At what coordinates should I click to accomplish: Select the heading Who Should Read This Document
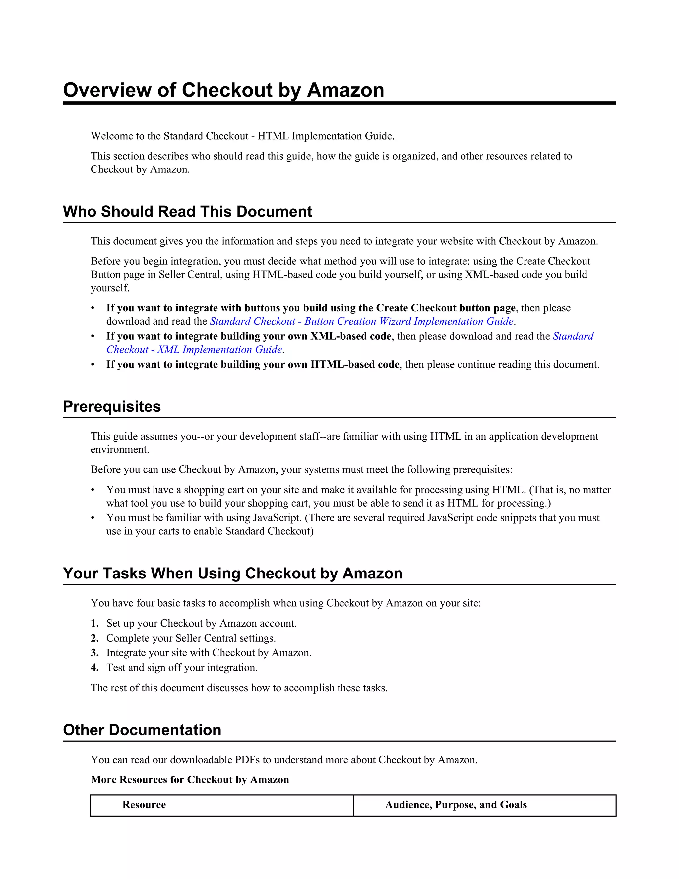tap(187, 211)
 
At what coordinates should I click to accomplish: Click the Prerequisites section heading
tap(112, 407)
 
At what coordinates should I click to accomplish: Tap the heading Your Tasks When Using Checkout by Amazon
tap(232, 573)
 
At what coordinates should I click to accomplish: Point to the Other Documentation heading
tap(142, 730)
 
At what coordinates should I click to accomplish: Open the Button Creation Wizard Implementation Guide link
tap(361, 321)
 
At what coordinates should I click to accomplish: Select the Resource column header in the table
tap(144, 805)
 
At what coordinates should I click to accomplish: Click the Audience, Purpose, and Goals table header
tap(456, 805)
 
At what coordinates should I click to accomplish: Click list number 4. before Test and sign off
tap(94, 667)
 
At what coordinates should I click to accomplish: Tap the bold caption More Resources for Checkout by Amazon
tap(190, 779)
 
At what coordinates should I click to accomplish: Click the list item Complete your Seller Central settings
tap(191, 638)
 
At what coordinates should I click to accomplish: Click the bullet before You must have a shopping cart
tap(93, 490)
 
